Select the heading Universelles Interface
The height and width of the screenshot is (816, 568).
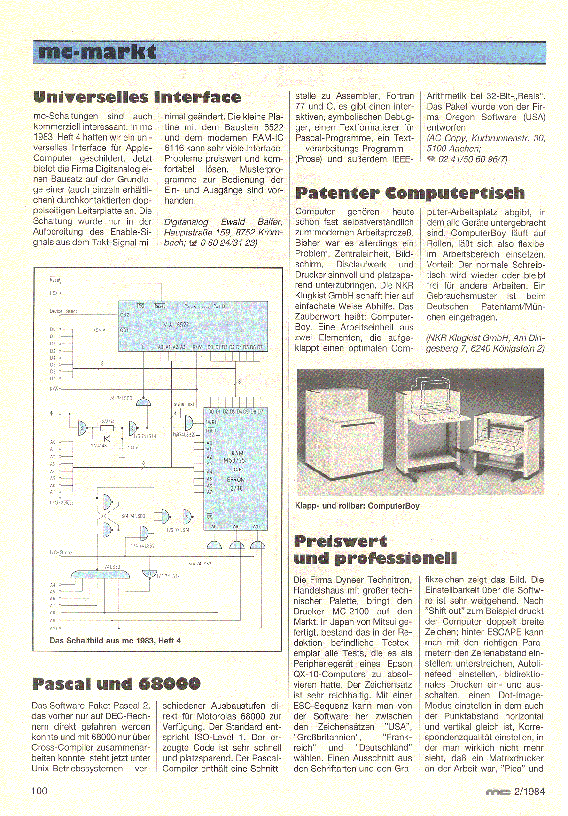(x=137, y=97)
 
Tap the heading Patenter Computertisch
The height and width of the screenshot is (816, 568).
(x=410, y=193)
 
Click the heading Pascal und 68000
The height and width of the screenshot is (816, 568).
(x=116, y=683)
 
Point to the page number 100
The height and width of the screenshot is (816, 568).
(x=39, y=791)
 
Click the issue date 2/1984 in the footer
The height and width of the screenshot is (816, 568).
(x=529, y=792)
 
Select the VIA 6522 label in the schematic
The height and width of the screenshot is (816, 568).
(x=176, y=325)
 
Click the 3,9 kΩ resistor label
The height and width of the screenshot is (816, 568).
(x=108, y=421)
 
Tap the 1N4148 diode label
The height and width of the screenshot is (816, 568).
(x=99, y=446)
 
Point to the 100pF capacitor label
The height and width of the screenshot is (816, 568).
(x=133, y=447)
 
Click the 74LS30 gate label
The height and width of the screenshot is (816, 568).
(x=112, y=567)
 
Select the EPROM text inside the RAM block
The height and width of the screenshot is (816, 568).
(x=236, y=480)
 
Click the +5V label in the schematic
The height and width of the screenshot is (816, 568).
(x=97, y=330)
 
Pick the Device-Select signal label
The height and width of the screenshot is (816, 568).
(x=63, y=311)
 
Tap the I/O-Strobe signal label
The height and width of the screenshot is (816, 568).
(x=61, y=552)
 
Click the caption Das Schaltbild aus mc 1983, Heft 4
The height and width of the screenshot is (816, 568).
(x=115, y=641)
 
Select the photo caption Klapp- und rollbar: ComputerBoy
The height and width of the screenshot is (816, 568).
(x=357, y=506)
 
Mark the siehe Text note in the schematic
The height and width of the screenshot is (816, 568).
(x=184, y=404)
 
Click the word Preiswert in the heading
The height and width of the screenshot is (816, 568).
(x=340, y=541)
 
